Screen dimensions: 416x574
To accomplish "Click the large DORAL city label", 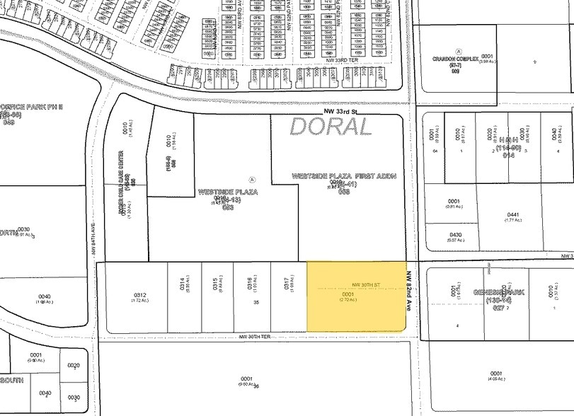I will (x=330, y=127).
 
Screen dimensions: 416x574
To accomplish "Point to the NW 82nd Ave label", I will (x=410, y=290).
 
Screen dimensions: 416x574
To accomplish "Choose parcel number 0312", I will (x=139, y=295).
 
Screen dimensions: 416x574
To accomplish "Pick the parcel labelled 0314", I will (x=182, y=283).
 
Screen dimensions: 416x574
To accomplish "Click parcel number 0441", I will (x=513, y=214).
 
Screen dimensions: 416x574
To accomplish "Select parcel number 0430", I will (x=455, y=234).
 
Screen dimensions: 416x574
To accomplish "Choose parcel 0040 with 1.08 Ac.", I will (x=45, y=296).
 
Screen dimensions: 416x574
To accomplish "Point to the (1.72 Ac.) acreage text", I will (x=139, y=301).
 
